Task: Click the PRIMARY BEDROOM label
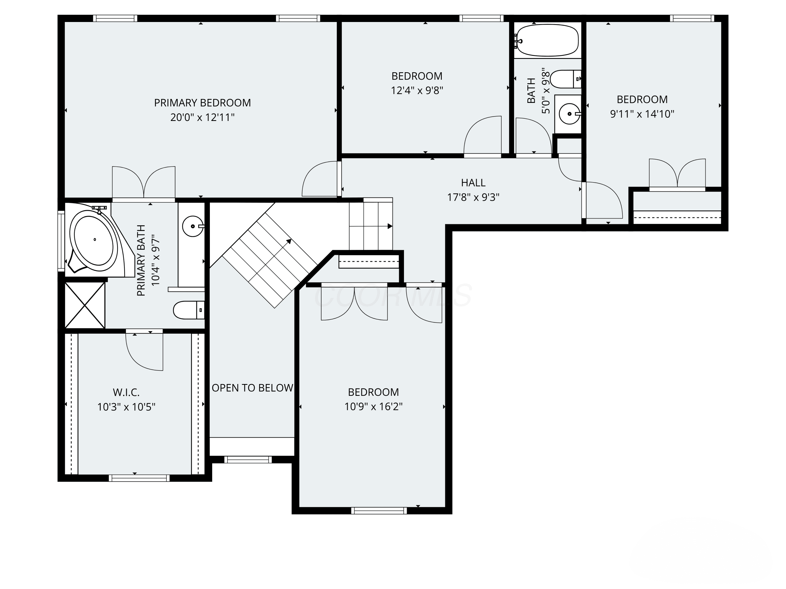pos(202,103)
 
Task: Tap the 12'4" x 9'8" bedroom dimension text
pos(417,91)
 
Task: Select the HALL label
pos(473,183)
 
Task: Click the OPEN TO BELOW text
pos(252,388)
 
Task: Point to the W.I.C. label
pos(126,392)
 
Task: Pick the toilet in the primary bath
pos(189,310)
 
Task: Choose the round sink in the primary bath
pos(193,226)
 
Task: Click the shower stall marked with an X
pos(85,305)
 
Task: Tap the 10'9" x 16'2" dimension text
pos(373,407)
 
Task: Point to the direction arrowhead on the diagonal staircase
pos(289,241)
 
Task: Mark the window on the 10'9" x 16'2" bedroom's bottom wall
pos(379,510)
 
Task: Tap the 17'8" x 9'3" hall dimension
pos(473,197)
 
